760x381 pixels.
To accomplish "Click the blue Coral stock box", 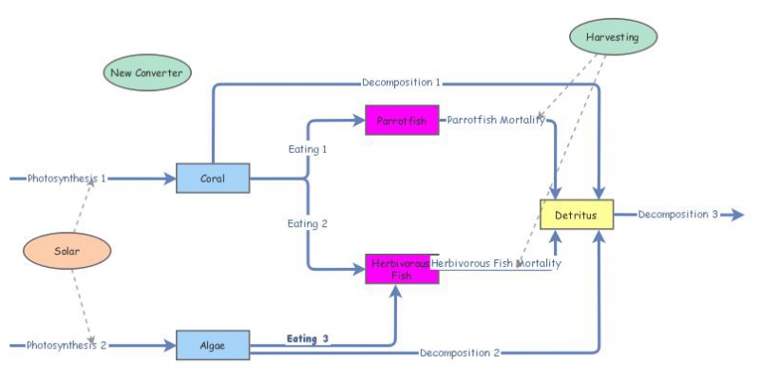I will pos(213,178).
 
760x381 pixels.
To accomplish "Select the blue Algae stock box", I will pos(213,345).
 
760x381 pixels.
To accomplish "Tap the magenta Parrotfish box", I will pos(402,121).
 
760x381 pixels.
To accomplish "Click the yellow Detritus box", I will pos(577,215).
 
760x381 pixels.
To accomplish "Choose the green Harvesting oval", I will pos(613,37).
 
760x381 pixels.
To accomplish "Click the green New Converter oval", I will pos(146,73).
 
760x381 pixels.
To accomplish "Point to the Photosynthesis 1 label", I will pos(66,178).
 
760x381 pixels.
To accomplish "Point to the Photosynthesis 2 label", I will pos(66,345).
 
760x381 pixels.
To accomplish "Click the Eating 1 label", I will pos(308,149).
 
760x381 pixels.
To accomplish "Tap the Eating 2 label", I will pos(308,223).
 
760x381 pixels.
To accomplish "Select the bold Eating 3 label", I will pos(308,338).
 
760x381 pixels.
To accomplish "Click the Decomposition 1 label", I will pos(401,83).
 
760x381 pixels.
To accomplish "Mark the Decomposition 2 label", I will pos(458,352).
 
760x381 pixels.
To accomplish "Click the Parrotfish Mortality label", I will pos(496,121).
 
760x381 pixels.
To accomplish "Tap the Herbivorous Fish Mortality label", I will pos(496,263).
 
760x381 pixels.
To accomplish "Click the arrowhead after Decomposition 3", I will pos(736,215).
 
